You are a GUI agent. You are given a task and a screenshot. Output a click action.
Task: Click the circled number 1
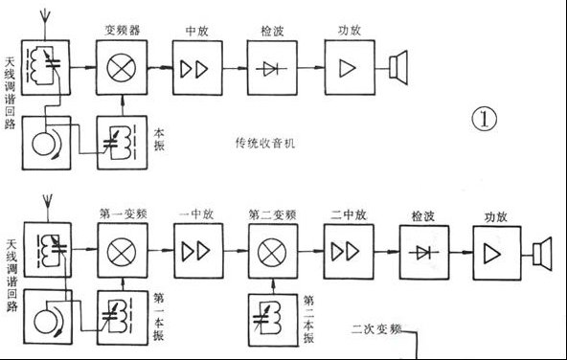[x=485, y=122]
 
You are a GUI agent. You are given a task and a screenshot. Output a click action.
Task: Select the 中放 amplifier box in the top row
[x=196, y=69]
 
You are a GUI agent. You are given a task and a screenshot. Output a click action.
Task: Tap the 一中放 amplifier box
[x=196, y=252]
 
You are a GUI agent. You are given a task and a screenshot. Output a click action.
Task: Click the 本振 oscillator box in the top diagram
[x=121, y=142]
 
